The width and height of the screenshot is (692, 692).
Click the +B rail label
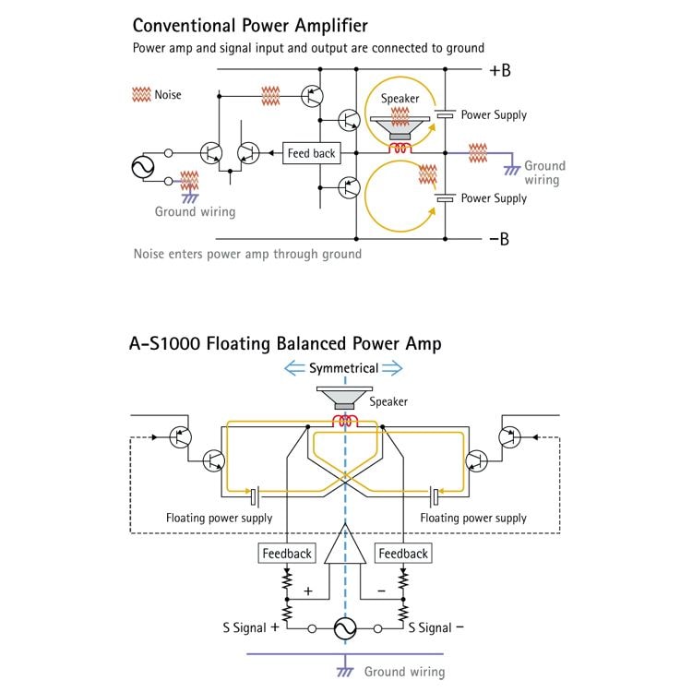click(x=499, y=70)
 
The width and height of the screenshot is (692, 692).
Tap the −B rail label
click(x=499, y=239)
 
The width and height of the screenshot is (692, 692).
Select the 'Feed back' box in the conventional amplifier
click(x=312, y=153)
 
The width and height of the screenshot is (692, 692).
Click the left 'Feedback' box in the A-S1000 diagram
click(x=287, y=554)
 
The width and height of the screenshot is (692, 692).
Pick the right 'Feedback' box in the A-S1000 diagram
click(x=403, y=554)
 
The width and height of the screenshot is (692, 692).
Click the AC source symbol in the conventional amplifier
click(x=143, y=167)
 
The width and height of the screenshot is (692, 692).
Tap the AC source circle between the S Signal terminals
click(x=345, y=628)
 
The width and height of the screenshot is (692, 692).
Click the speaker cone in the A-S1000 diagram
click(x=345, y=398)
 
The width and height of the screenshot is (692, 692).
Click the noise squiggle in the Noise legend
click(x=141, y=94)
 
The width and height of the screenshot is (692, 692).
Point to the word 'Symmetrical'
click(x=344, y=368)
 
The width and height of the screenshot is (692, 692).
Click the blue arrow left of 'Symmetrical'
click(x=294, y=368)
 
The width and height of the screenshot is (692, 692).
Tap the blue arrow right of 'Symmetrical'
click(x=392, y=368)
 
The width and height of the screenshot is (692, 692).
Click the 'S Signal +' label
click(x=251, y=627)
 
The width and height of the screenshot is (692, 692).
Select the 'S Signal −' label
click(x=436, y=627)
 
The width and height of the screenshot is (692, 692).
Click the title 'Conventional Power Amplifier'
click(x=250, y=26)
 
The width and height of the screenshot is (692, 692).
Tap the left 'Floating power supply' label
click(x=219, y=518)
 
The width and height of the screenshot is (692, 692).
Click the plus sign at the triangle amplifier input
click(x=308, y=591)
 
